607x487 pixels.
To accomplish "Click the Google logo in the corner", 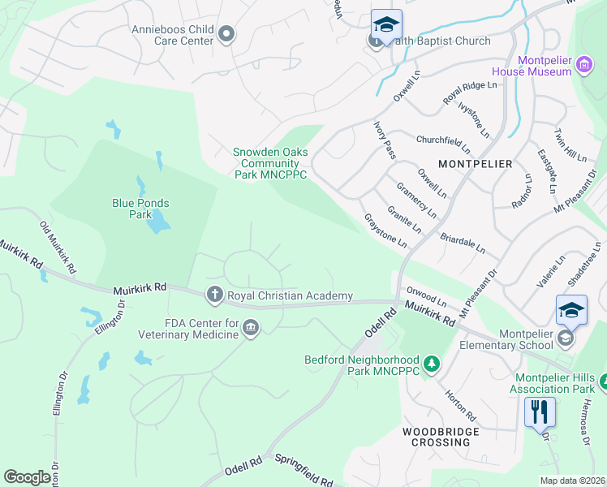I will (x=27, y=477).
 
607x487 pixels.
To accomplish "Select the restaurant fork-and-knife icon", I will (x=538, y=412).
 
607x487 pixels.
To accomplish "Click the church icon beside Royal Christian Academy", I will (x=214, y=295).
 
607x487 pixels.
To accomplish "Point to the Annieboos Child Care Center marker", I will (x=226, y=33).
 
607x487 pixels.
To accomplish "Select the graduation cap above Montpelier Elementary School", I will (x=571, y=310).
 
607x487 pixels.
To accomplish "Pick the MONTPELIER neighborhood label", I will (x=475, y=164).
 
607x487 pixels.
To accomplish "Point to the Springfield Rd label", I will (x=303, y=471).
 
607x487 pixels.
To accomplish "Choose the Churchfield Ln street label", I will (x=443, y=144).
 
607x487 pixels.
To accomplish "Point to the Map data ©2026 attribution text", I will (x=572, y=481).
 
